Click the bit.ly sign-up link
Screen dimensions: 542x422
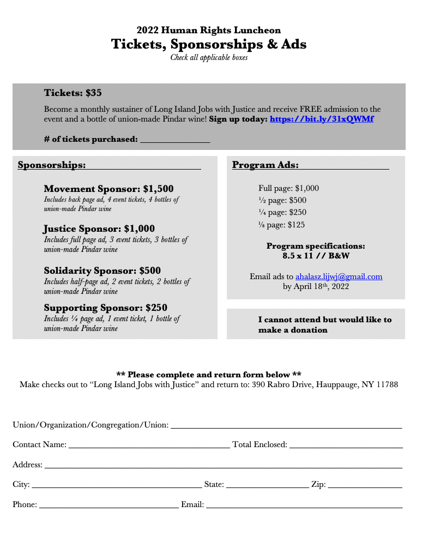pyautogui.click(x=322, y=119)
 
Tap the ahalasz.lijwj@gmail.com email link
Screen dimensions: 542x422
pyautogui.click(x=339, y=276)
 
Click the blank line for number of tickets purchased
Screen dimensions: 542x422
pyautogui.click(x=175, y=140)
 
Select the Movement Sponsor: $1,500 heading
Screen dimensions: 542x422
pyautogui.click(x=108, y=189)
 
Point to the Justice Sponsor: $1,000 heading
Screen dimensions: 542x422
pyautogui.click(x=99, y=228)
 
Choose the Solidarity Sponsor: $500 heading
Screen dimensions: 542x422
pyautogui.click(x=102, y=270)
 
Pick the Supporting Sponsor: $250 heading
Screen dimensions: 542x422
pyautogui.click(x=105, y=308)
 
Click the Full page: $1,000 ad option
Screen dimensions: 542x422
pyautogui.click(x=288, y=188)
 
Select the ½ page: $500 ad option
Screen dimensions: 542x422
pyautogui.click(x=282, y=200)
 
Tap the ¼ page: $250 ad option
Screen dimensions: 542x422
pyautogui.click(x=282, y=212)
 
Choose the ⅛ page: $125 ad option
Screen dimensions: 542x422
pyautogui.click(x=281, y=225)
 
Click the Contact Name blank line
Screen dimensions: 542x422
pyautogui.click(x=149, y=445)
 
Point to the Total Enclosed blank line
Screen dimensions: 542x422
pyautogui.click(x=346, y=445)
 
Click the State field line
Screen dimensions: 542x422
pyautogui.click(x=267, y=485)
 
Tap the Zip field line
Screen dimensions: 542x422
pyautogui.click(x=365, y=485)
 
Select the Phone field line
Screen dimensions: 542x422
pyautogui.click(x=108, y=505)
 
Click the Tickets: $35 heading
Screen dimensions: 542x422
pyautogui.click(x=73, y=93)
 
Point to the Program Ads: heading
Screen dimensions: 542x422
pyautogui.click(x=265, y=165)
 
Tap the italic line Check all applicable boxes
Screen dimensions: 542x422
pyautogui.click(x=209, y=57)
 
